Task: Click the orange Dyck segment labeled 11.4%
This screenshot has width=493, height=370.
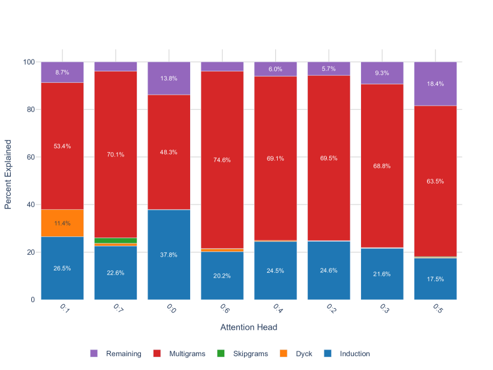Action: point(62,223)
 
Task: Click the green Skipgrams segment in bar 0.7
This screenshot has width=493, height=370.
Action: point(116,240)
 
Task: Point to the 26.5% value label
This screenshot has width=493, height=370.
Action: point(62,268)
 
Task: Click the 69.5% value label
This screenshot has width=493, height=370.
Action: point(329,158)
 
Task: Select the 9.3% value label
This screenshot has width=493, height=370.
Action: point(382,73)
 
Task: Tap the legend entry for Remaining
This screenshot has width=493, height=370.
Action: point(116,354)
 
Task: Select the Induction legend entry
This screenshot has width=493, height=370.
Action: point(348,354)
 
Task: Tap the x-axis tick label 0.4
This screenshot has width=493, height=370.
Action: point(277,308)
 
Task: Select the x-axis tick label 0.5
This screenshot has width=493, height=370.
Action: point(437,308)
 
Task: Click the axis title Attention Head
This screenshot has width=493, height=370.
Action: point(249,327)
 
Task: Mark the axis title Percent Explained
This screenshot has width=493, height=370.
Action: point(8,175)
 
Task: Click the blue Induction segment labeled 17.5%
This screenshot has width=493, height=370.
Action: point(435,279)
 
